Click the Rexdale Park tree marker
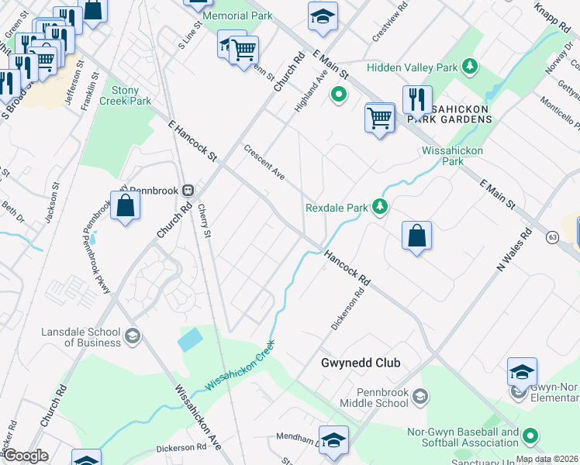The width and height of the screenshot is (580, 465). pyautogui.click(x=380, y=207)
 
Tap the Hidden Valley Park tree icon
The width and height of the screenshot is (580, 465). pyautogui.click(x=469, y=67)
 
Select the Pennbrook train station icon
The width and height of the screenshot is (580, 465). pyautogui.click(x=188, y=190)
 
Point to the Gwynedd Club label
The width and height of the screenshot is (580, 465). pyautogui.click(x=361, y=363)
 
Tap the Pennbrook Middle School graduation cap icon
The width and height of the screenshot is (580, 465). pyautogui.click(x=419, y=398)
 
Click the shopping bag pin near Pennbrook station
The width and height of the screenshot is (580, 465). pyautogui.click(x=126, y=206)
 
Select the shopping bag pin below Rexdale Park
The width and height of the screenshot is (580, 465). pyautogui.click(x=416, y=236)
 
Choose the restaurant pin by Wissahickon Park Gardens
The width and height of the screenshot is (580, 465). pyautogui.click(x=417, y=100)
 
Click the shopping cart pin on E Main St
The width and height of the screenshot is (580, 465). pyautogui.click(x=379, y=119)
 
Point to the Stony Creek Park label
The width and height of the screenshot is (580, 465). pyautogui.click(x=130, y=96)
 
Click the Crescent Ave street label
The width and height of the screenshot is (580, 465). pyautogui.click(x=264, y=163)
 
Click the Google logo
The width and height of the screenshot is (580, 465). pyautogui.click(x=26, y=456)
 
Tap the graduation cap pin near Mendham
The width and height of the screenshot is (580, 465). pyautogui.click(x=333, y=439)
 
